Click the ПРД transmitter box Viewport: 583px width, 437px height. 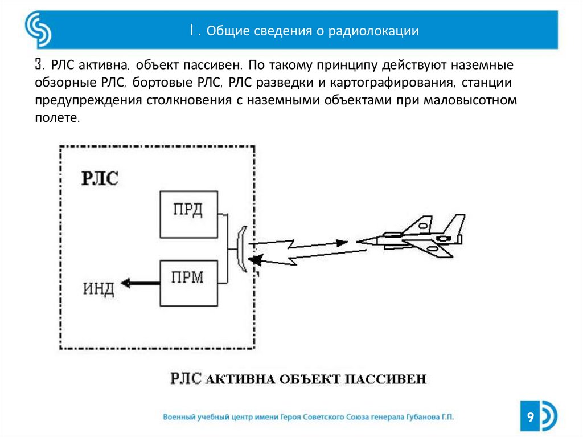tap(188, 214)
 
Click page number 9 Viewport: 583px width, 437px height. tap(530, 418)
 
